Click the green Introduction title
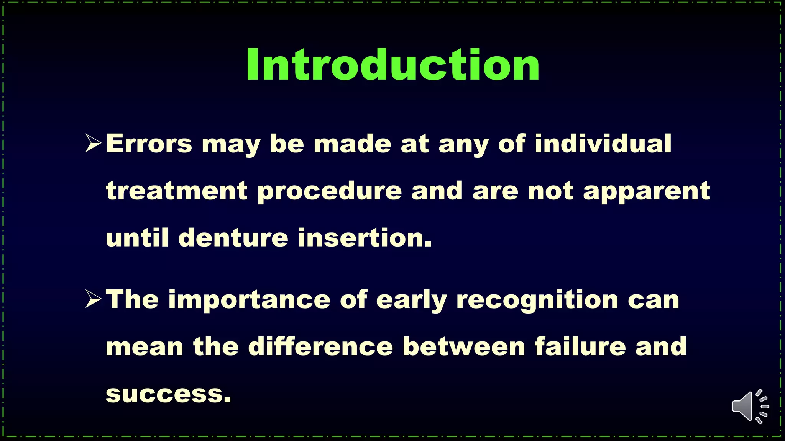(x=392, y=65)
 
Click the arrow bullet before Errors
(x=93, y=144)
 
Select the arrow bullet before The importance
(x=93, y=299)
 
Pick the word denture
(x=233, y=238)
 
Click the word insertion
(x=365, y=238)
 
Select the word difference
(x=320, y=346)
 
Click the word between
(x=464, y=346)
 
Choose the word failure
(x=580, y=346)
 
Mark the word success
(x=169, y=394)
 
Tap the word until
(x=137, y=238)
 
